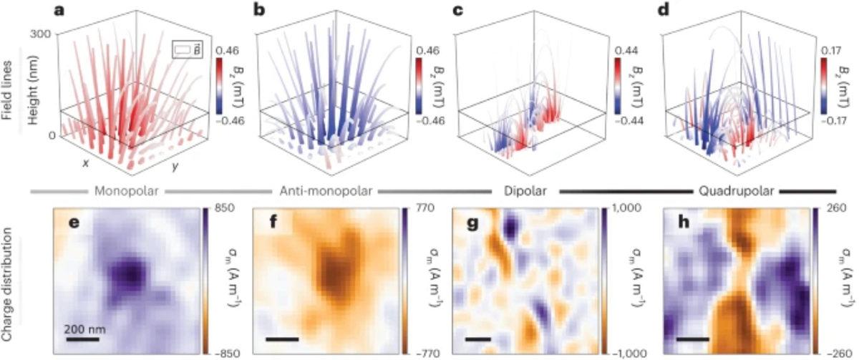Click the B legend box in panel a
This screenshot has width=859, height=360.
coord(184,49)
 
